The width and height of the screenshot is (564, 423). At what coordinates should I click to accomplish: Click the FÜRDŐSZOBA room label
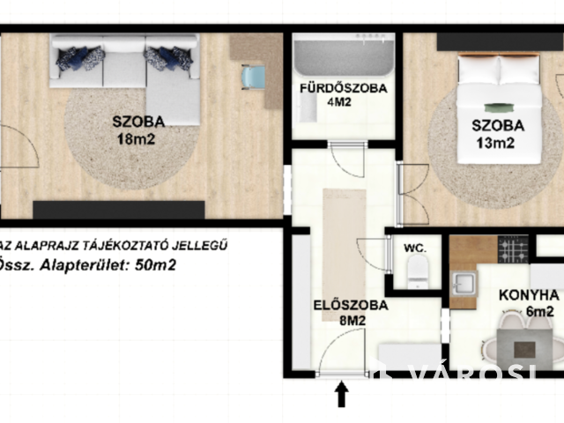point(344,88)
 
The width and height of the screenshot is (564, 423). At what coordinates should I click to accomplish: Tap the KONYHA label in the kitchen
point(529,295)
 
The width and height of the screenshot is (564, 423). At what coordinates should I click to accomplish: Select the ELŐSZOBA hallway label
point(351,305)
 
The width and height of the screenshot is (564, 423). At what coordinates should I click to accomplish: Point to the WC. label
point(415,248)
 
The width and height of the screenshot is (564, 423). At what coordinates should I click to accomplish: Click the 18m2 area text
point(137,139)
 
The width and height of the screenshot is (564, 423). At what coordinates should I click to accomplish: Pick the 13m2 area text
point(495,143)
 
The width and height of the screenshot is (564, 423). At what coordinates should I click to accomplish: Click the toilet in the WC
point(418,271)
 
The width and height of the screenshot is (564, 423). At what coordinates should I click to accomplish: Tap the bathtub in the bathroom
point(344,55)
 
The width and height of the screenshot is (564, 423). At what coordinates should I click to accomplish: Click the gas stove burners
point(513,249)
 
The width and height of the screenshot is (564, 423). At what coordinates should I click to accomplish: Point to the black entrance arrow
point(341,394)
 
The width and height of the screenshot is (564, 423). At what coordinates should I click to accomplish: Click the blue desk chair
point(253,78)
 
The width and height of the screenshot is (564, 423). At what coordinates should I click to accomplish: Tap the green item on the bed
point(499,108)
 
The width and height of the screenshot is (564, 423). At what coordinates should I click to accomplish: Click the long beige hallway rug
point(345,255)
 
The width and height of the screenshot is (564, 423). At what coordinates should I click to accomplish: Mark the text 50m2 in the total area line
point(155,265)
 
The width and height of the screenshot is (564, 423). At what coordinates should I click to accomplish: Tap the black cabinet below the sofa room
point(119,210)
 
